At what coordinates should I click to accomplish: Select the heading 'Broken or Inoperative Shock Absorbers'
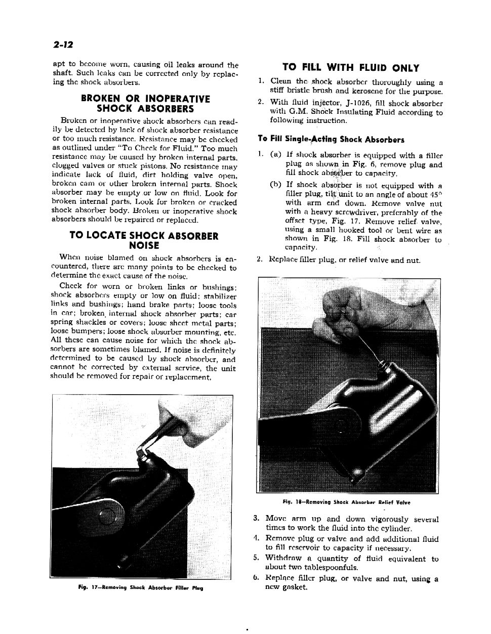click(x=145, y=103)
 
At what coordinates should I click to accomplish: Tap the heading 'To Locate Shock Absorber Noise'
click(x=144, y=240)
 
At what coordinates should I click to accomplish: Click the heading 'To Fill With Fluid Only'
click(x=351, y=68)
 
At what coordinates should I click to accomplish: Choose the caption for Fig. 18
click(x=347, y=502)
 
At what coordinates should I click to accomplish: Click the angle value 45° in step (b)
click(x=434, y=195)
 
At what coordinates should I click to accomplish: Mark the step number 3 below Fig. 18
click(x=257, y=518)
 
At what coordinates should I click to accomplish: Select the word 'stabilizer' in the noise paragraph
click(x=219, y=295)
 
